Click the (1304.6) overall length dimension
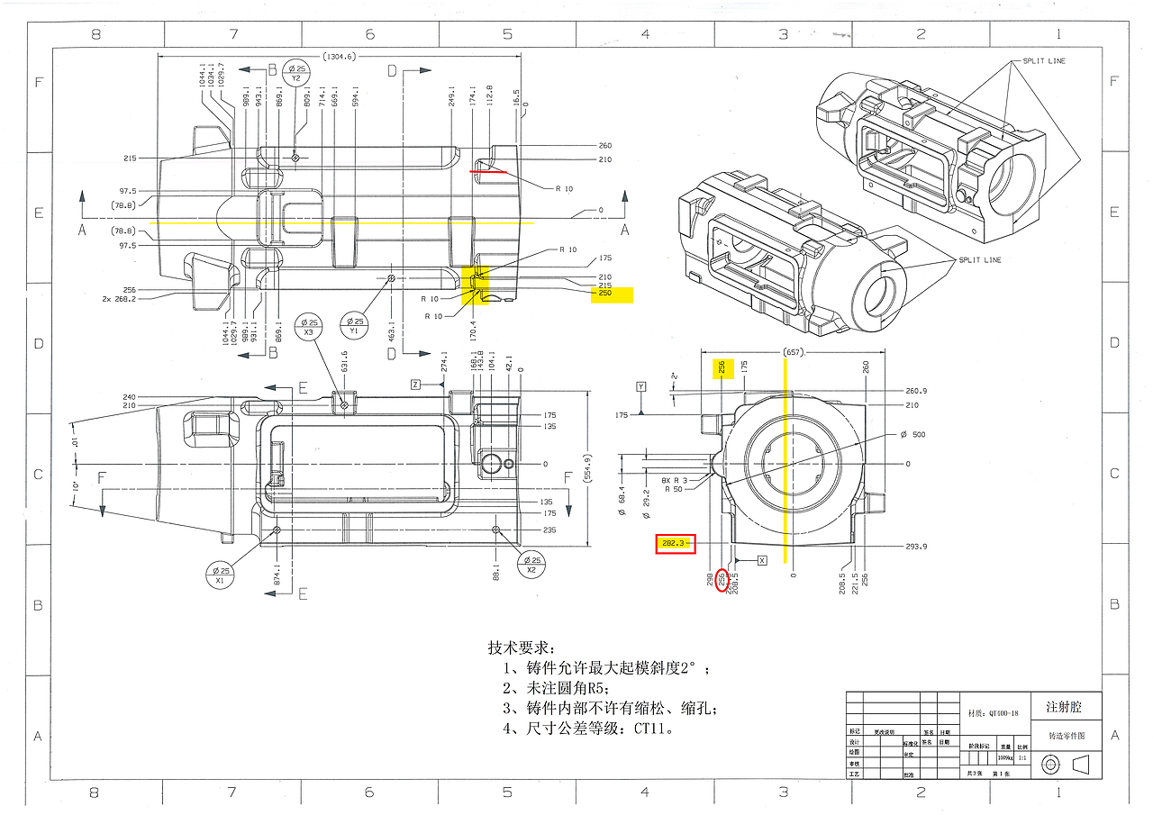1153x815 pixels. click(339, 56)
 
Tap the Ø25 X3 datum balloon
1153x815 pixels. click(308, 327)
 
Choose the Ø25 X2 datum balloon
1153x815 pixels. click(531, 565)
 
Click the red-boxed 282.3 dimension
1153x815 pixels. click(674, 543)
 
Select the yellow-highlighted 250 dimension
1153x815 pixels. click(604, 294)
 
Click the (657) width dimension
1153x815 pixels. click(793, 352)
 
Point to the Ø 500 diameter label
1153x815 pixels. click(912, 435)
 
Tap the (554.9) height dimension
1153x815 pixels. click(587, 467)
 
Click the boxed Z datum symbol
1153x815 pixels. click(415, 385)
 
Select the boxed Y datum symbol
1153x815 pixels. click(640, 386)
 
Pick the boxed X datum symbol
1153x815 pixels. click(762, 560)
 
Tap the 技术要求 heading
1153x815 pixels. click(522, 647)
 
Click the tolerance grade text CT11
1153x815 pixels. click(656, 729)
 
